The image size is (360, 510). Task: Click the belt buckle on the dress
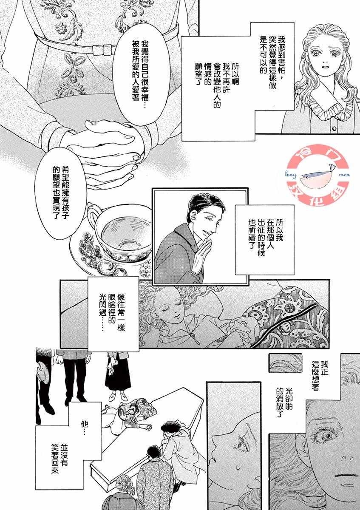pyautogui.click(x=104, y=49)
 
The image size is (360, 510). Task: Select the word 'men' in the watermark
pyautogui.click(x=343, y=175)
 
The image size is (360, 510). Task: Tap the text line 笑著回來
pyautogui.click(x=55, y=466)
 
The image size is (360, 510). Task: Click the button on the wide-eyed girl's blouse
pyautogui.click(x=334, y=129)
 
